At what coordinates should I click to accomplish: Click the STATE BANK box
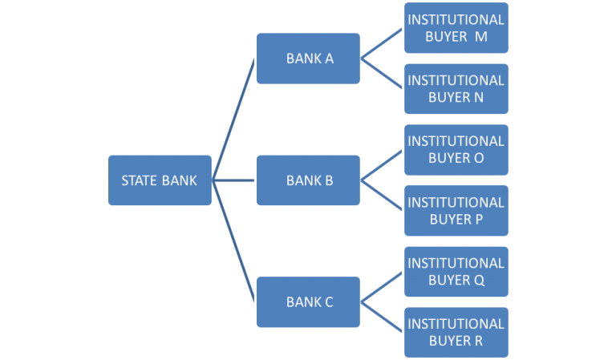[x=160, y=180]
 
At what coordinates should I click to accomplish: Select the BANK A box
[x=309, y=59]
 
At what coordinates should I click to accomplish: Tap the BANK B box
[x=309, y=180]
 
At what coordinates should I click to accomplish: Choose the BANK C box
[x=309, y=302]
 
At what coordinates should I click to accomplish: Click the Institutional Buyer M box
[x=456, y=28]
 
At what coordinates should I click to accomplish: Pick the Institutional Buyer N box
[x=456, y=89]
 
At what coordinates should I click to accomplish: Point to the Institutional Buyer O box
[x=456, y=150]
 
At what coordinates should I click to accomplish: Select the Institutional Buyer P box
[x=456, y=211]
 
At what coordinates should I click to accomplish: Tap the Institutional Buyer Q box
[x=456, y=272]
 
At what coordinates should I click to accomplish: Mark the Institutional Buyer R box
[x=456, y=333]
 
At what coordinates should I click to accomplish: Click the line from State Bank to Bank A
[x=234, y=119]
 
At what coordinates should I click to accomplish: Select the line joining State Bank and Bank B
[x=234, y=180]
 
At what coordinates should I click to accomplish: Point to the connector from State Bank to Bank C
[x=234, y=241]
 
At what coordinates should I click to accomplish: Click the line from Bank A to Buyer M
[x=383, y=43]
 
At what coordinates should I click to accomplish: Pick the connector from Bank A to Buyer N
[x=383, y=74]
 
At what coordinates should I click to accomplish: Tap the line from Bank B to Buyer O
[x=383, y=165]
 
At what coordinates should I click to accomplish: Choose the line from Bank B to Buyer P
[x=383, y=196]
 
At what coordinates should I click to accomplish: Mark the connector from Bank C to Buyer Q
[x=383, y=287]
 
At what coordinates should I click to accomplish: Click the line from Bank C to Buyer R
[x=383, y=318]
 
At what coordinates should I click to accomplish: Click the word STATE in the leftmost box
[x=140, y=180]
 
